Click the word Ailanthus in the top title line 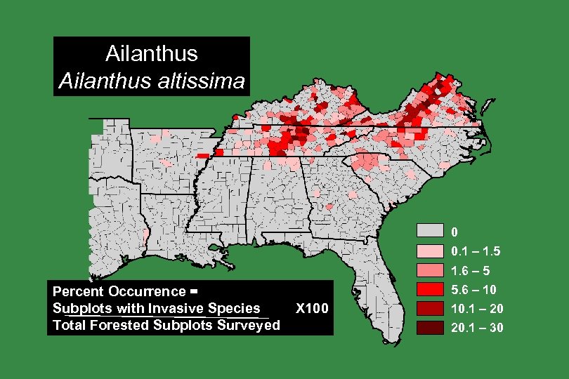click(151, 53)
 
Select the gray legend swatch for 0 click(430, 232)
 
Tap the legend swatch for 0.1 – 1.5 click(430, 251)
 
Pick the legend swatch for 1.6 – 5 click(430, 270)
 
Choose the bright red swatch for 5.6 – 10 click(430, 288)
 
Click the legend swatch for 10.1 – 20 click(430, 308)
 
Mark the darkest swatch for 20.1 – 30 click(430, 327)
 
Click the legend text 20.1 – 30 click(477, 328)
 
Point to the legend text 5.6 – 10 click(474, 289)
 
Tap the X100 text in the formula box click(312, 308)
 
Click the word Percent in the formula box click(79, 291)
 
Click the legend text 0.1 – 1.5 click(476, 251)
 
